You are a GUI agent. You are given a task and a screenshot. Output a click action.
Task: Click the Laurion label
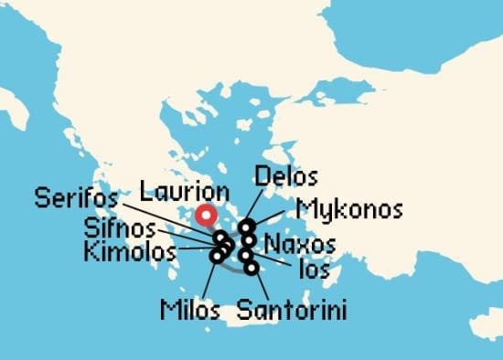click(x=184, y=193)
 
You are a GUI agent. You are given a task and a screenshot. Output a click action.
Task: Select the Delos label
click(x=286, y=176)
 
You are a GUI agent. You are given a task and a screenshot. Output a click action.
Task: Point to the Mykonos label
click(x=350, y=209)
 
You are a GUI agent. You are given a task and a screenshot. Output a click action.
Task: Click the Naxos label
click(x=299, y=244)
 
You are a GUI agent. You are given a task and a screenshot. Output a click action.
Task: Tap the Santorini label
click(x=291, y=310)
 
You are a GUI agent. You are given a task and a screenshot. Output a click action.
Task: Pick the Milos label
click(x=190, y=310)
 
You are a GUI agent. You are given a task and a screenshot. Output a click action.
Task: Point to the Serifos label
click(x=77, y=197)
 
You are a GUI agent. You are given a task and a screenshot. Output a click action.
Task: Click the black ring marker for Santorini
click(x=251, y=268)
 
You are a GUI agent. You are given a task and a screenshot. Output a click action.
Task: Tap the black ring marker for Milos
click(x=216, y=256)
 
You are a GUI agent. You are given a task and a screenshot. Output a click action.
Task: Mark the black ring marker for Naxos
click(x=249, y=240)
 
